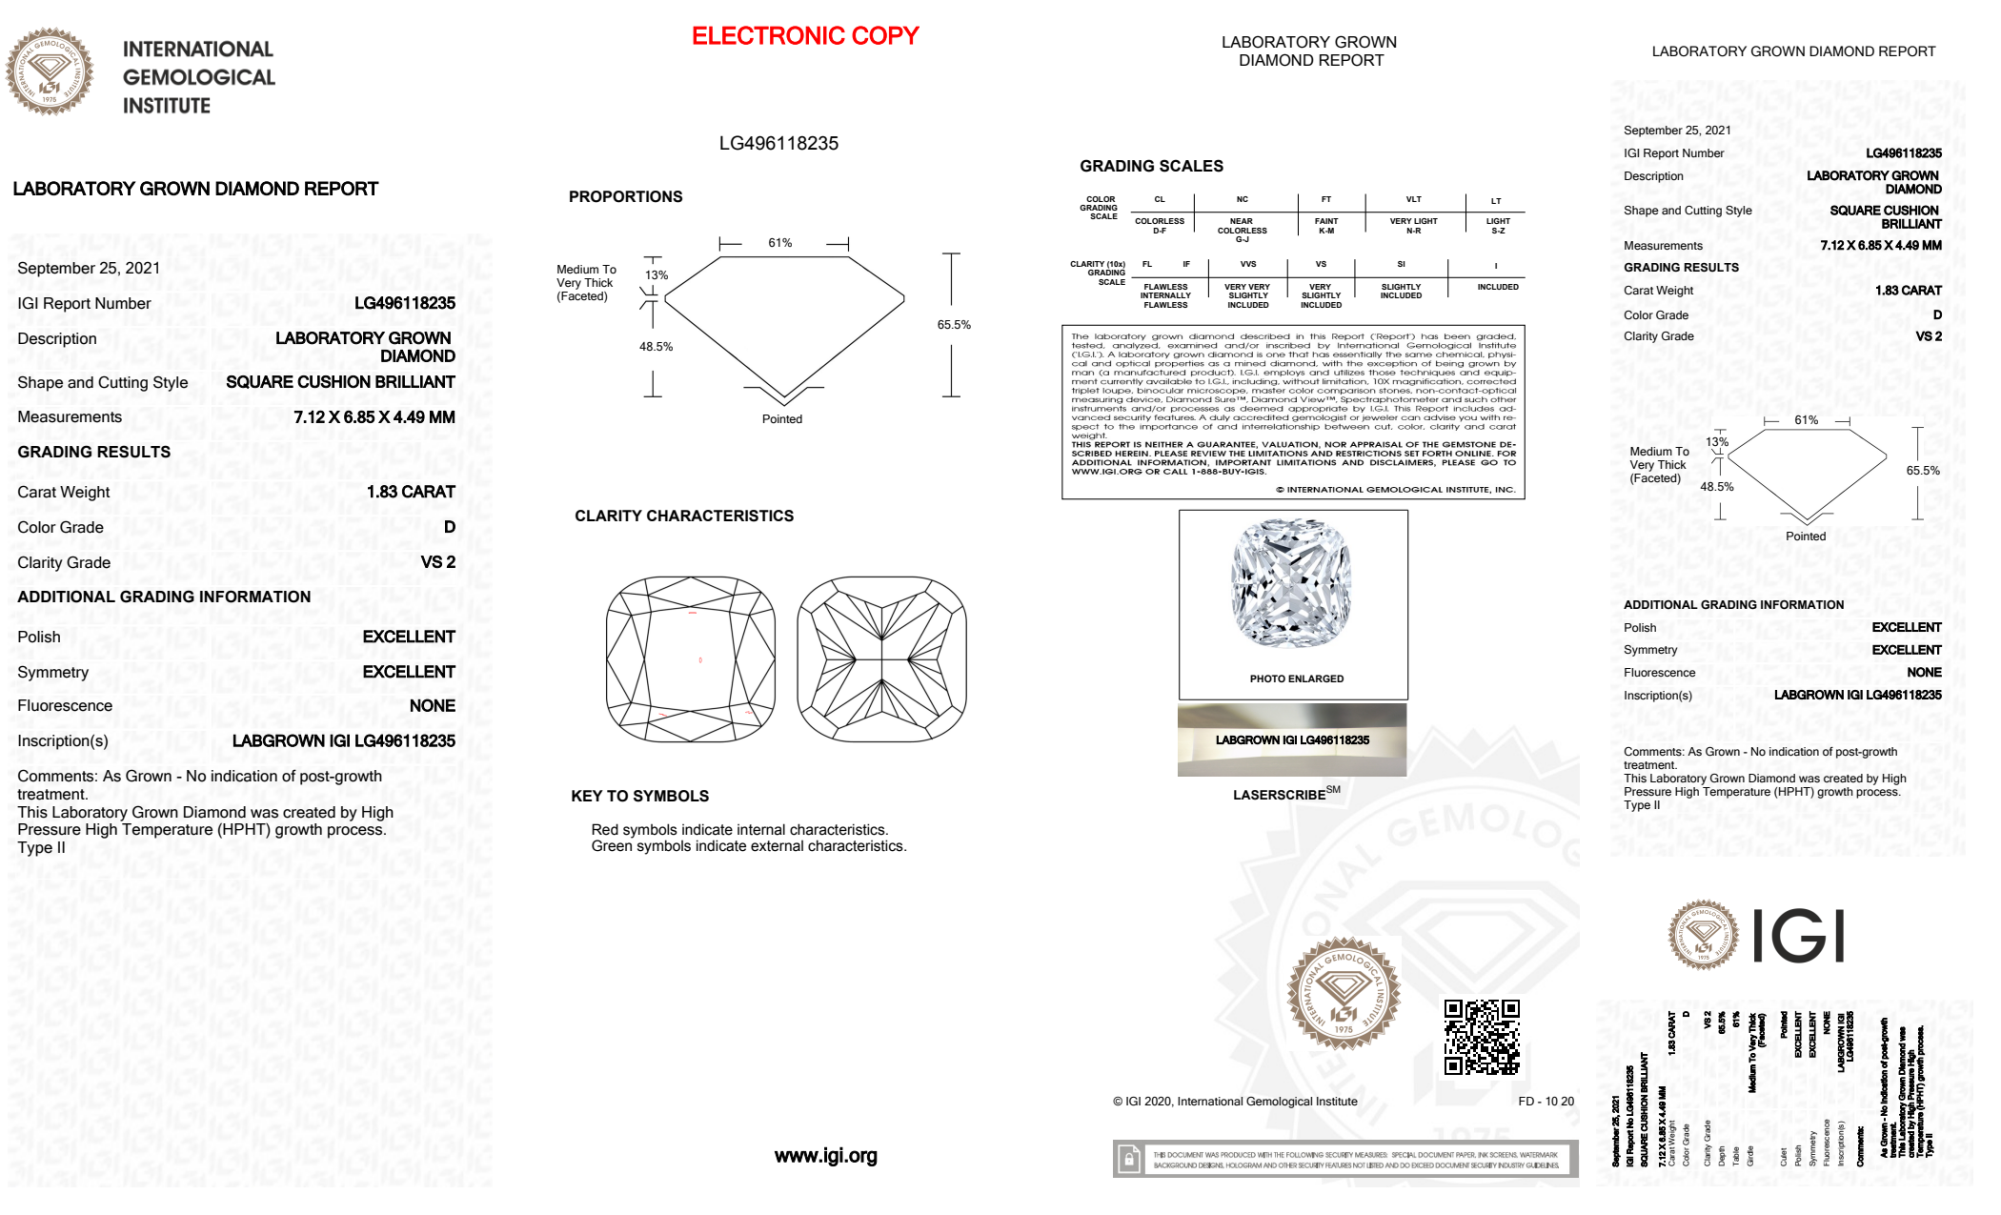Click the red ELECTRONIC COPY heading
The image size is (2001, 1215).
[805, 36]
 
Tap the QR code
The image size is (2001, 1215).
[1482, 1036]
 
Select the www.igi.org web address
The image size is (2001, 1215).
[825, 1156]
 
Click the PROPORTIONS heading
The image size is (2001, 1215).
[625, 197]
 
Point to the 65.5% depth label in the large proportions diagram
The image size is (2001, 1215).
[954, 325]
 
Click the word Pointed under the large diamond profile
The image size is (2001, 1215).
[782, 419]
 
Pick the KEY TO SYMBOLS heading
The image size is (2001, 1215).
[639, 796]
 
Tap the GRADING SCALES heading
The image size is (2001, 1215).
[1151, 166]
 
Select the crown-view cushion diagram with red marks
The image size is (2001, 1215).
[690, 658]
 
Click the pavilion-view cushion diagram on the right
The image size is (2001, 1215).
[881, 658]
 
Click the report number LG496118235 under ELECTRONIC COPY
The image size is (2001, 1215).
[778, 143]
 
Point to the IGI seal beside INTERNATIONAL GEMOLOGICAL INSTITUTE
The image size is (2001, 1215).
[49, 71]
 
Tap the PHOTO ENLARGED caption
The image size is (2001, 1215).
[1296, 679]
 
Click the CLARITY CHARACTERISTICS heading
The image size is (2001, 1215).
[684, 516]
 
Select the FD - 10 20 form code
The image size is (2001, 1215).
[1545, 1101]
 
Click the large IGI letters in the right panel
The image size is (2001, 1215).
[1799, 936]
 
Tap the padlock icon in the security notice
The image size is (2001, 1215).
[1129, 1159]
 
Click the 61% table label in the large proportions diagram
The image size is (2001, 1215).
[780, 243]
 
